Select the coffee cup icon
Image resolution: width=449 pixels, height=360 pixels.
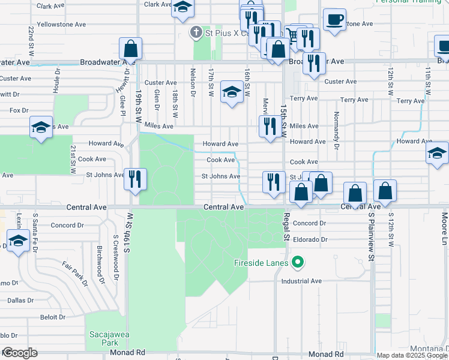pyautogui.click(x=334, y=19)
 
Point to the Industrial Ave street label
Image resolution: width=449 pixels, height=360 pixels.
pyautogui.click(x=302, y=281)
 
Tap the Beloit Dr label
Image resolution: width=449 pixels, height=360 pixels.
pyautogui.click(x=53, y=317)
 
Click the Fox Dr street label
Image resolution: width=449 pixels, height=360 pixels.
pyautogui.click(x=19, y=110)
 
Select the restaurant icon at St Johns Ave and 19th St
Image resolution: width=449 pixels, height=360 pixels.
pyautogui.click(x=134, y=178)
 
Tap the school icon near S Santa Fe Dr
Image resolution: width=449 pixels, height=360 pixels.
pyautogui.click(x=19, y=241)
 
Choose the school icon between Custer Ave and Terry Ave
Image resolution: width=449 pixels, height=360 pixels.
pyautogui.click(x=232, y=92)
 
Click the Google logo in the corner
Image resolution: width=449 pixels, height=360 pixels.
pyautogui.click(x=19, y=353)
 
